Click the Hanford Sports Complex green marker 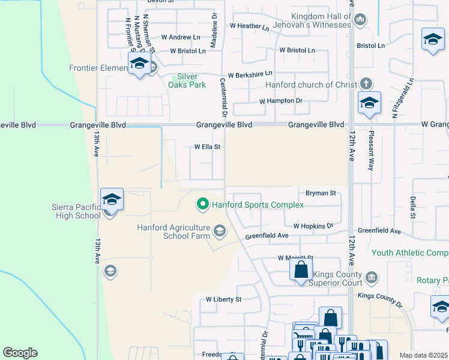(x=202, y=205)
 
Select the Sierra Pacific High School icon (x=112, y=199)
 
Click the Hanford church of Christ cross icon (x=366, y=85)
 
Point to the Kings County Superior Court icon (x=372, y=277)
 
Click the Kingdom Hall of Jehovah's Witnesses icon (x=360, y=20)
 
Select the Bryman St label (x=320, y=193)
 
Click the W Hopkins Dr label (x=313, y=226)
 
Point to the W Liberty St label (x=223, y=299)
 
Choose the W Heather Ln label (x=250, y=26)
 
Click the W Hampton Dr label (x=280, y=101)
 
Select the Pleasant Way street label (x=372, y=151)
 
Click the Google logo (x=20, y=353)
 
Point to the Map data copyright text (x=423, y=355)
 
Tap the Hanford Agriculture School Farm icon (x=220, y=232)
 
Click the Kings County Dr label (x=379, y=296)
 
